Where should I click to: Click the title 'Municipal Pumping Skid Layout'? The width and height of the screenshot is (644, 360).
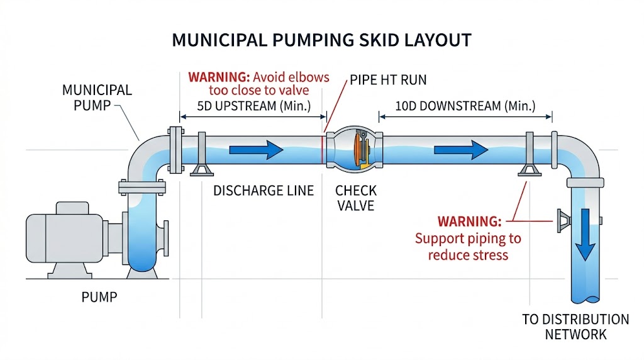click(321, 40)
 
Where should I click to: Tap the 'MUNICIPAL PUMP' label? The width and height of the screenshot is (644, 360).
click(97, 97)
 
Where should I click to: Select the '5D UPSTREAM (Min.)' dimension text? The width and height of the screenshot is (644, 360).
click(254, 106)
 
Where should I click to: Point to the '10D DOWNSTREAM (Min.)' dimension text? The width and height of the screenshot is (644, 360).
click(465, 106)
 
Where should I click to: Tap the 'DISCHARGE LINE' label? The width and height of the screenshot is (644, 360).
click(264, 191)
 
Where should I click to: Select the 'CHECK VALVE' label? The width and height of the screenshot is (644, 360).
click(355, 198)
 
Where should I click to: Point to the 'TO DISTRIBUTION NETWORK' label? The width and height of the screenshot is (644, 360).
click(575, 327)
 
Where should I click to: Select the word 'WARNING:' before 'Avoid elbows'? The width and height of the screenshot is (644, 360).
click(218, 78)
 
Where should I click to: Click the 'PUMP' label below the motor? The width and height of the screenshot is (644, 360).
click(100, 296)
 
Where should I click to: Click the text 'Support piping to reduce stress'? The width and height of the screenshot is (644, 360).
click(467, 247)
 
